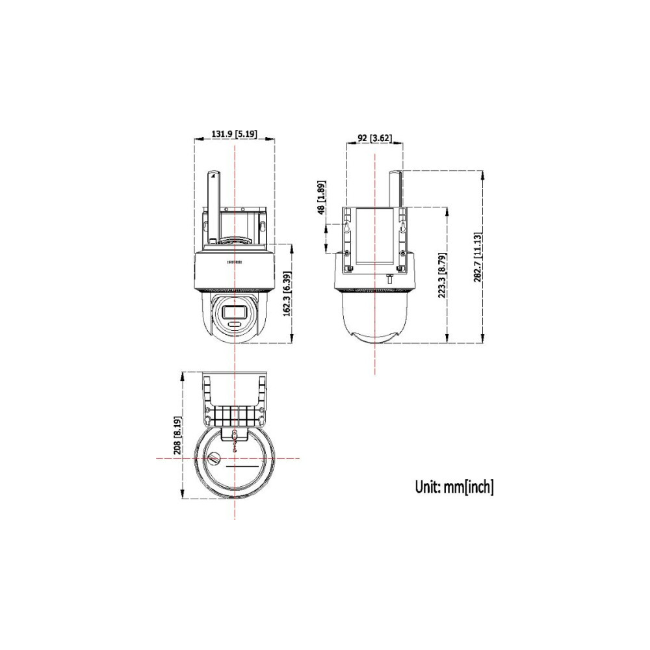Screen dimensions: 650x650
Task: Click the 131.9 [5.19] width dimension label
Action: [234, 134]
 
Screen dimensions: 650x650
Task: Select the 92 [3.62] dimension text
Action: [374, 138]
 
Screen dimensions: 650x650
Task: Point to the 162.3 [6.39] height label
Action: [287, 294]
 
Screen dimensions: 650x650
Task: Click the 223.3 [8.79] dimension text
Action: [442, 274]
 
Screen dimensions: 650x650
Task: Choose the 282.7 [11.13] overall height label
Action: [478, 257]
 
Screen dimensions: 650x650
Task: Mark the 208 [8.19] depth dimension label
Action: [177, 435]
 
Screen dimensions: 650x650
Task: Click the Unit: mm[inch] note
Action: [454, 487]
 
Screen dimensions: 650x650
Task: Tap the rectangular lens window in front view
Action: [234, 311]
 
